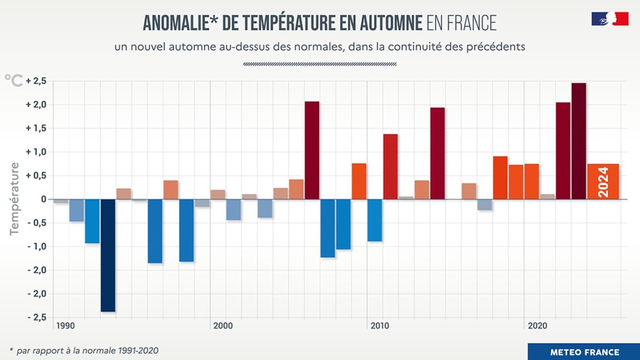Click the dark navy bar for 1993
[x=108, y=255]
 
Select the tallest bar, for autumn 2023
[x=578, y=141]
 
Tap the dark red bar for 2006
[x=312, y=150]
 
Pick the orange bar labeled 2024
[x=603, y=181]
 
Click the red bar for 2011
[x=390, y=167]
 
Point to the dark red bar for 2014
[x=437, y=153]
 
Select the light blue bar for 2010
[x=375, y=220]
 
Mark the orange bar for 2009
[x=359, y=181]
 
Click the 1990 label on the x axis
[x=65, y=326]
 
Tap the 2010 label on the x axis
[x=379, y=326]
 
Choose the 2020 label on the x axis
[x=537, y=326]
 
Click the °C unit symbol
[x=13, y=80]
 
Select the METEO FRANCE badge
[x=584, y=352]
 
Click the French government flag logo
[x=610, y=19]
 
